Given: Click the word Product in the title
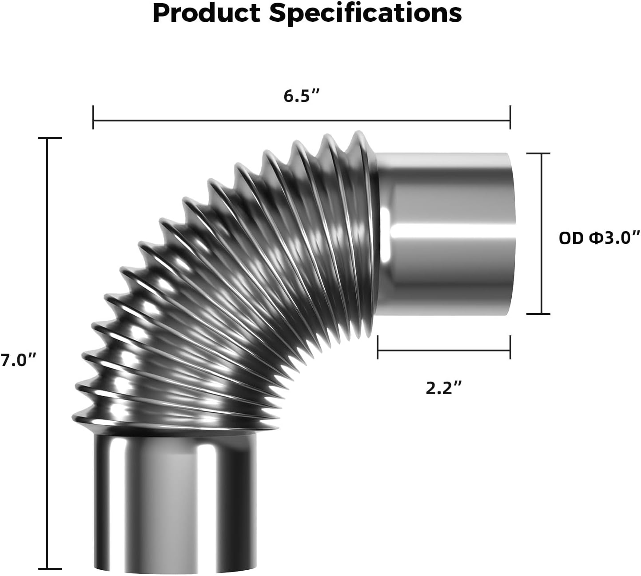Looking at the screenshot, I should point(206,13).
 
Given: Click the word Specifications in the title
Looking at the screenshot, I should point(365,13).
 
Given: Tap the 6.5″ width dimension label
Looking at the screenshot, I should point(302,96).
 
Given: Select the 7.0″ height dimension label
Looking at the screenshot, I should point(18,359).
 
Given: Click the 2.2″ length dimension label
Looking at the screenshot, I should point(444,388).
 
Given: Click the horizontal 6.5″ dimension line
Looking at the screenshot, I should point(302,120).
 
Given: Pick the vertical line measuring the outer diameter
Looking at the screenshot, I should point(541,234).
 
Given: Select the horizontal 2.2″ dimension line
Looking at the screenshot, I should point(444,350).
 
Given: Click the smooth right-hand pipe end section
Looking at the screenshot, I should point(446,234).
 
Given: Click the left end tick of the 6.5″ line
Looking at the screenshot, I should point(93,118).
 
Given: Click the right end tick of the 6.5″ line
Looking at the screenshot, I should point(510,118).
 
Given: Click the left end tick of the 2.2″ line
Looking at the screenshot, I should point(378,347).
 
